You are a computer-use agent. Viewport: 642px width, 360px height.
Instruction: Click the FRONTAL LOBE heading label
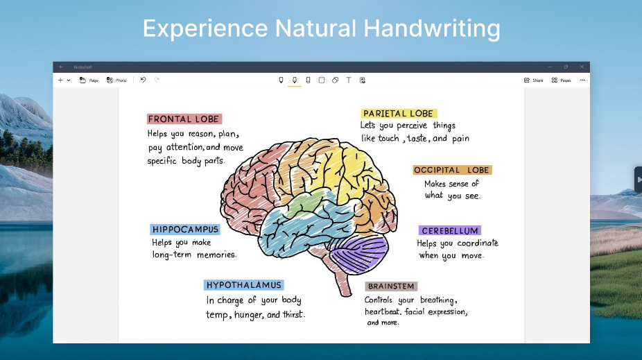click(184, 119)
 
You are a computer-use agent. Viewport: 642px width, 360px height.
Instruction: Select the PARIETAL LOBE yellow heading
click(399, 114)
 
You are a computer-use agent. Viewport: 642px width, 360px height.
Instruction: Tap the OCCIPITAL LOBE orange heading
click(452, 170)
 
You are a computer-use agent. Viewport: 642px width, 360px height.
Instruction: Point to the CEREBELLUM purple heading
click(449, 230)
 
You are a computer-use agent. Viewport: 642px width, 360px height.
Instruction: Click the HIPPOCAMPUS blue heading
click(185, 230)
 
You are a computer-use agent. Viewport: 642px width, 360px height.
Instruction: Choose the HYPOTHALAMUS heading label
click(243, 285)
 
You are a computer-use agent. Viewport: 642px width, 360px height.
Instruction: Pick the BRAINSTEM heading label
click(391, 286)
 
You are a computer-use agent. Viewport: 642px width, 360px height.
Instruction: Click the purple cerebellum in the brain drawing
click(358, 255)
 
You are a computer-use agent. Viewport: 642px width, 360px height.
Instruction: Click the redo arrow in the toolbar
click(157, 80)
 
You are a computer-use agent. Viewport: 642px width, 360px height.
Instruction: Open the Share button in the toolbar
click(534, 80)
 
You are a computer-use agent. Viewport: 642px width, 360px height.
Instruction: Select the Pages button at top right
click(562, 80)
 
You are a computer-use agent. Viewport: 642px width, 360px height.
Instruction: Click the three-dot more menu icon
click(582, 80)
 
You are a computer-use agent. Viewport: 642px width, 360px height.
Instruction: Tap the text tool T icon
click(349, 80)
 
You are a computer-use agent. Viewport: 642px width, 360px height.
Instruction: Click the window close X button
click(582, 67)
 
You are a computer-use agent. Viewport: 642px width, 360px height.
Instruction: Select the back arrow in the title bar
click(61, 67)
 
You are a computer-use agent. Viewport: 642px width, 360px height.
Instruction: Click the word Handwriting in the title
click(431, 28)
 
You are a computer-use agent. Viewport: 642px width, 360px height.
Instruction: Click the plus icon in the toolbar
click(60, 80)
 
